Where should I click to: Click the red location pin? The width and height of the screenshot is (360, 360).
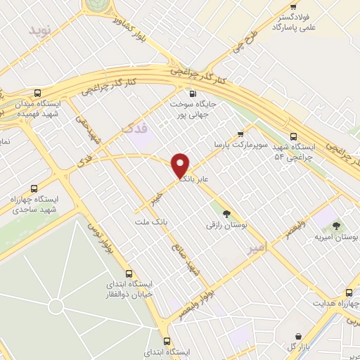[181, 165]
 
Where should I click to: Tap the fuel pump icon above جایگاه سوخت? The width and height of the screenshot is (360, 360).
[193, 93]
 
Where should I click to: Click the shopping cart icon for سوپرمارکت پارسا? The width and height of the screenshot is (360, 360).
[241, 133]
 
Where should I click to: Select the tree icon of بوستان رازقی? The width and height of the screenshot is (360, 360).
[226, 214]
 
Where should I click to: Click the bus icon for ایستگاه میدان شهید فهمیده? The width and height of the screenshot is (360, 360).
[37, 93]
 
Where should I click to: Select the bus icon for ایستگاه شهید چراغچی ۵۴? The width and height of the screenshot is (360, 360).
[293, 137]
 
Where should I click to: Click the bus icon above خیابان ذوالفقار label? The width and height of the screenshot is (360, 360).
[129, 274]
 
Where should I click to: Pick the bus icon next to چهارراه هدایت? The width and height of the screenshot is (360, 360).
[349, 292]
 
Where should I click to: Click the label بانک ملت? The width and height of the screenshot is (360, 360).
[153, 221]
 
